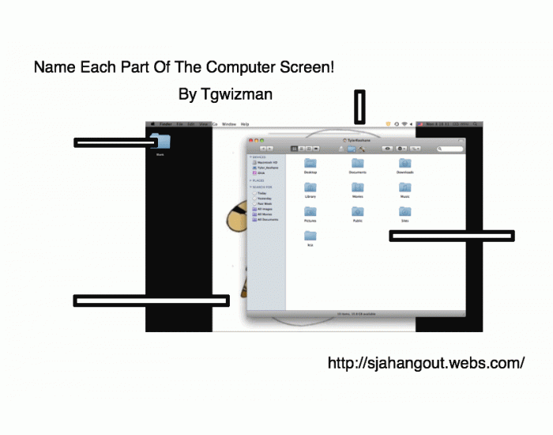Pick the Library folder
pos(310,188)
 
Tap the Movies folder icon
pos(358,188)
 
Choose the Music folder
pos(405,188)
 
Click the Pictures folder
pos(310,213)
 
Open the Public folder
pos(358,213)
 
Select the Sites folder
pos(405,213)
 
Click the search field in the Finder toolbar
pos(451,149)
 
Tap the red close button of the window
pos(251,141)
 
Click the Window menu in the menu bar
pos(229,124)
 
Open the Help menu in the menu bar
pos(245,124)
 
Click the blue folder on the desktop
pos(160,142)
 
